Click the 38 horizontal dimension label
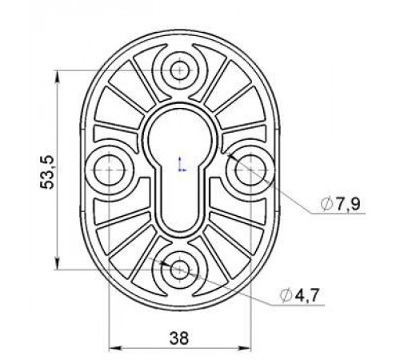[x=179, y=338]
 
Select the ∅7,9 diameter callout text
[x=341, y=204]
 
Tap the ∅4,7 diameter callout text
[x=299, y=295]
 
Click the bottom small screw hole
[x=180, y=270]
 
